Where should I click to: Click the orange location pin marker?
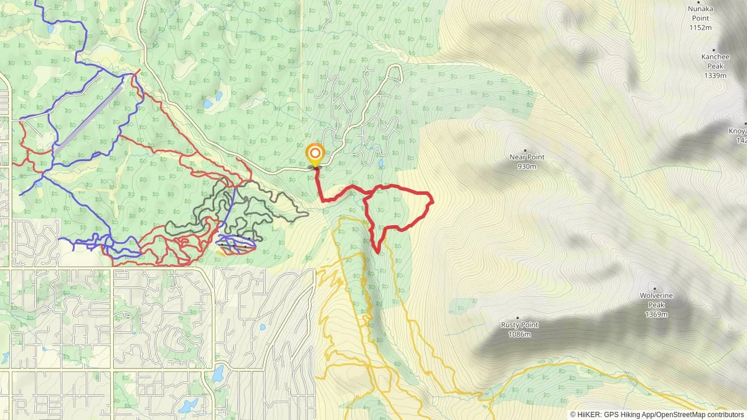click(x=315, y=154)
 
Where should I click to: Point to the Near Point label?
click(x=527, y=157)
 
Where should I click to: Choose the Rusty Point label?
click(x=519, y=325)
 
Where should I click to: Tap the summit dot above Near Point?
click(x=525, y=150)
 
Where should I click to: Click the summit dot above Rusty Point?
click(x=517, y=317)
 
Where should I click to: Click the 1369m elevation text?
click(x=656, y=314)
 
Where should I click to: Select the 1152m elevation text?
click(x=700, y=27)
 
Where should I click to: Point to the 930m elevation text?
click(x=527, y=167)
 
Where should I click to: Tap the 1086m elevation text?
click(x=519, y=334)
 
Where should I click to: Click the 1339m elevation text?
click(x=715, y=76)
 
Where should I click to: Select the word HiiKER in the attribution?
click(x=588, y=414)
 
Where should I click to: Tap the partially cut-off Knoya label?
click(x=738, y=131)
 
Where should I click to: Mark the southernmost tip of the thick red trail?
click(x=377, y=252)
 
